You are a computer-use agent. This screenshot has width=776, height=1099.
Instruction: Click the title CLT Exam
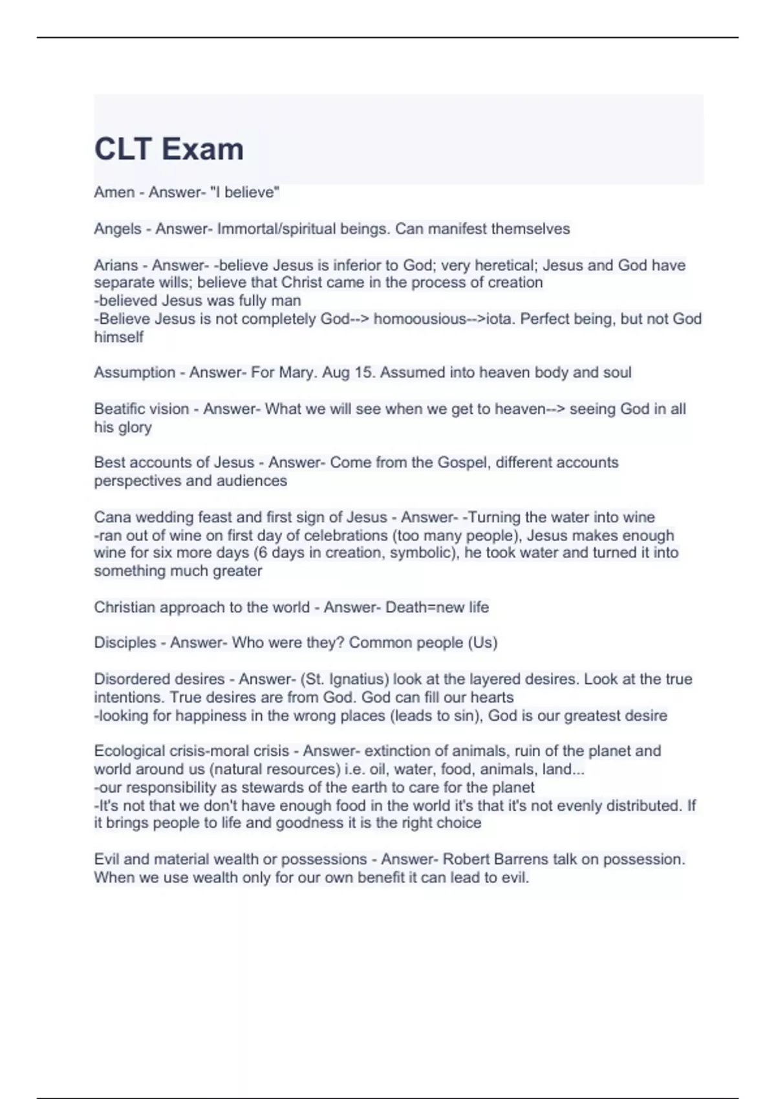click(169, 149)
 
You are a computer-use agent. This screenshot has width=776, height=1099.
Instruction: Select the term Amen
click(114, 192)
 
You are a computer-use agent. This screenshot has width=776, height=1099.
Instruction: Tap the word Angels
click(117, 229)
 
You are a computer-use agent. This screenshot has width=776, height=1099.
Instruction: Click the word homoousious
click(420, 319)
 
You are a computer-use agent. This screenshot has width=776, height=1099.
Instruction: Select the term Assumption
click(135, 372)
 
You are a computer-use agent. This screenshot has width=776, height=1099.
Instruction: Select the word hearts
click(493, 698)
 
